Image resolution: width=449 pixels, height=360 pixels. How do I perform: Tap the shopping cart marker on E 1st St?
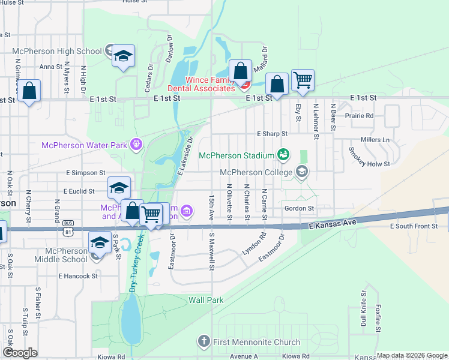303,80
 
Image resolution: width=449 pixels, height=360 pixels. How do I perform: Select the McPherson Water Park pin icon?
136,144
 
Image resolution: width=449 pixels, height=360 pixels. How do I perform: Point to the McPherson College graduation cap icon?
302,173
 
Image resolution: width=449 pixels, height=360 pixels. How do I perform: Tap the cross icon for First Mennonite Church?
203,341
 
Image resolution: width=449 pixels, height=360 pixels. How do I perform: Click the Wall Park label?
206,299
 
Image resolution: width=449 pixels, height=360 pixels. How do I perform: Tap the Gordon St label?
300,208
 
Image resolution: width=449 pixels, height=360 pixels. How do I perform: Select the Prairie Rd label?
359,115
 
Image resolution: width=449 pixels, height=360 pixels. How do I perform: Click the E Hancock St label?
78,276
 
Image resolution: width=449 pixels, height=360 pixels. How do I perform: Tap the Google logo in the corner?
20,353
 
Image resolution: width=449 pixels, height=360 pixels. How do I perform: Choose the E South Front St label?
414,226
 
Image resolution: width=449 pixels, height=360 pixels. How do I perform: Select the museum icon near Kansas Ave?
187,211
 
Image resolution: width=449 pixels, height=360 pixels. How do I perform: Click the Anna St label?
50,67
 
